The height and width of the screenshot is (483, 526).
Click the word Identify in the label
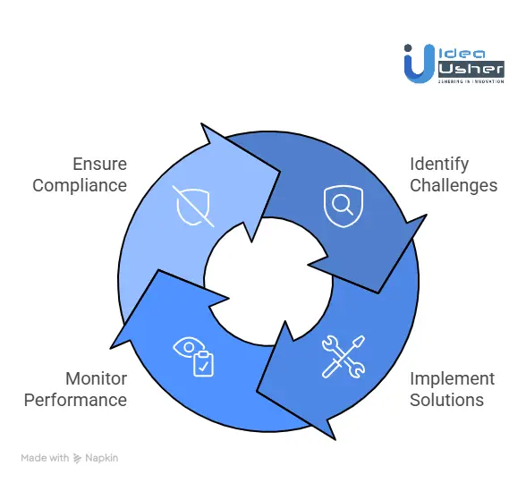439,164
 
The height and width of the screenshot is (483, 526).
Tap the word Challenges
454,185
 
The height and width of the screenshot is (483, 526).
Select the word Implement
452,378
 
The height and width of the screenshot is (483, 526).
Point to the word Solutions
445,400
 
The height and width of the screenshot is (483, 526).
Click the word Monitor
96,378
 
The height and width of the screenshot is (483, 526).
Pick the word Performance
75,400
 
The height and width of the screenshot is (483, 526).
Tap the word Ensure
100,164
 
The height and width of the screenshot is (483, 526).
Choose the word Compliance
80,185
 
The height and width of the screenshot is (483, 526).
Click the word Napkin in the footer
102,458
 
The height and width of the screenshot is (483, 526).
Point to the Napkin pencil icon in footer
79,458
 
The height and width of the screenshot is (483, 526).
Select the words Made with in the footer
45,458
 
